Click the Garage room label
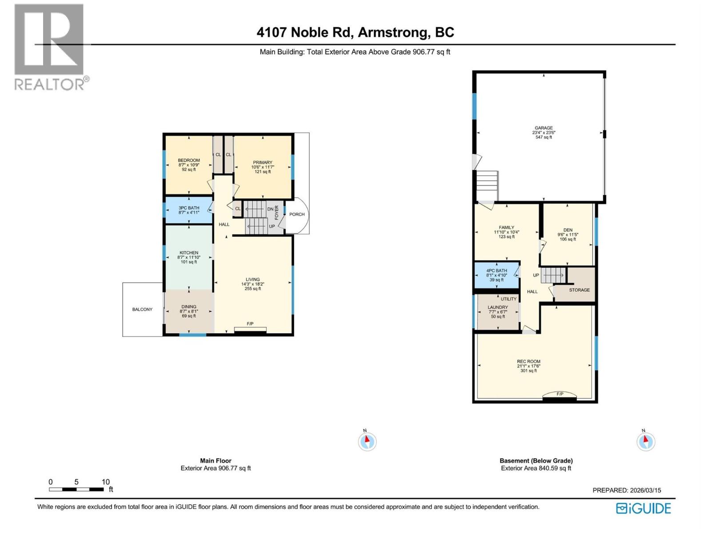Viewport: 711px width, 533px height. pos(543,128)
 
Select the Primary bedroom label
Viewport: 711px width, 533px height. pos(263,163)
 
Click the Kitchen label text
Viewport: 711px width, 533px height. pos(189,253)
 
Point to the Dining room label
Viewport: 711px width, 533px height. pos(189,306)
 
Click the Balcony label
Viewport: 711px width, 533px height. pos(142,310)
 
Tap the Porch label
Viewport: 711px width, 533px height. pos(297,215)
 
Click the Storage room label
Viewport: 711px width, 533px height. pos(579,290)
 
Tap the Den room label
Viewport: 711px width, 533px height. pos(568,230)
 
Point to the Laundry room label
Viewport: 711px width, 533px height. pos(498,307)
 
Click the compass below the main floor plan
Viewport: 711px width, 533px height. pos(367,442)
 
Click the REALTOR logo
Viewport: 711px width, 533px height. pos(50,47)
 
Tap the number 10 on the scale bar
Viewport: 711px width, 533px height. pos(105,482)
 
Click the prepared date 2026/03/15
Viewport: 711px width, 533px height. pos(645,490)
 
